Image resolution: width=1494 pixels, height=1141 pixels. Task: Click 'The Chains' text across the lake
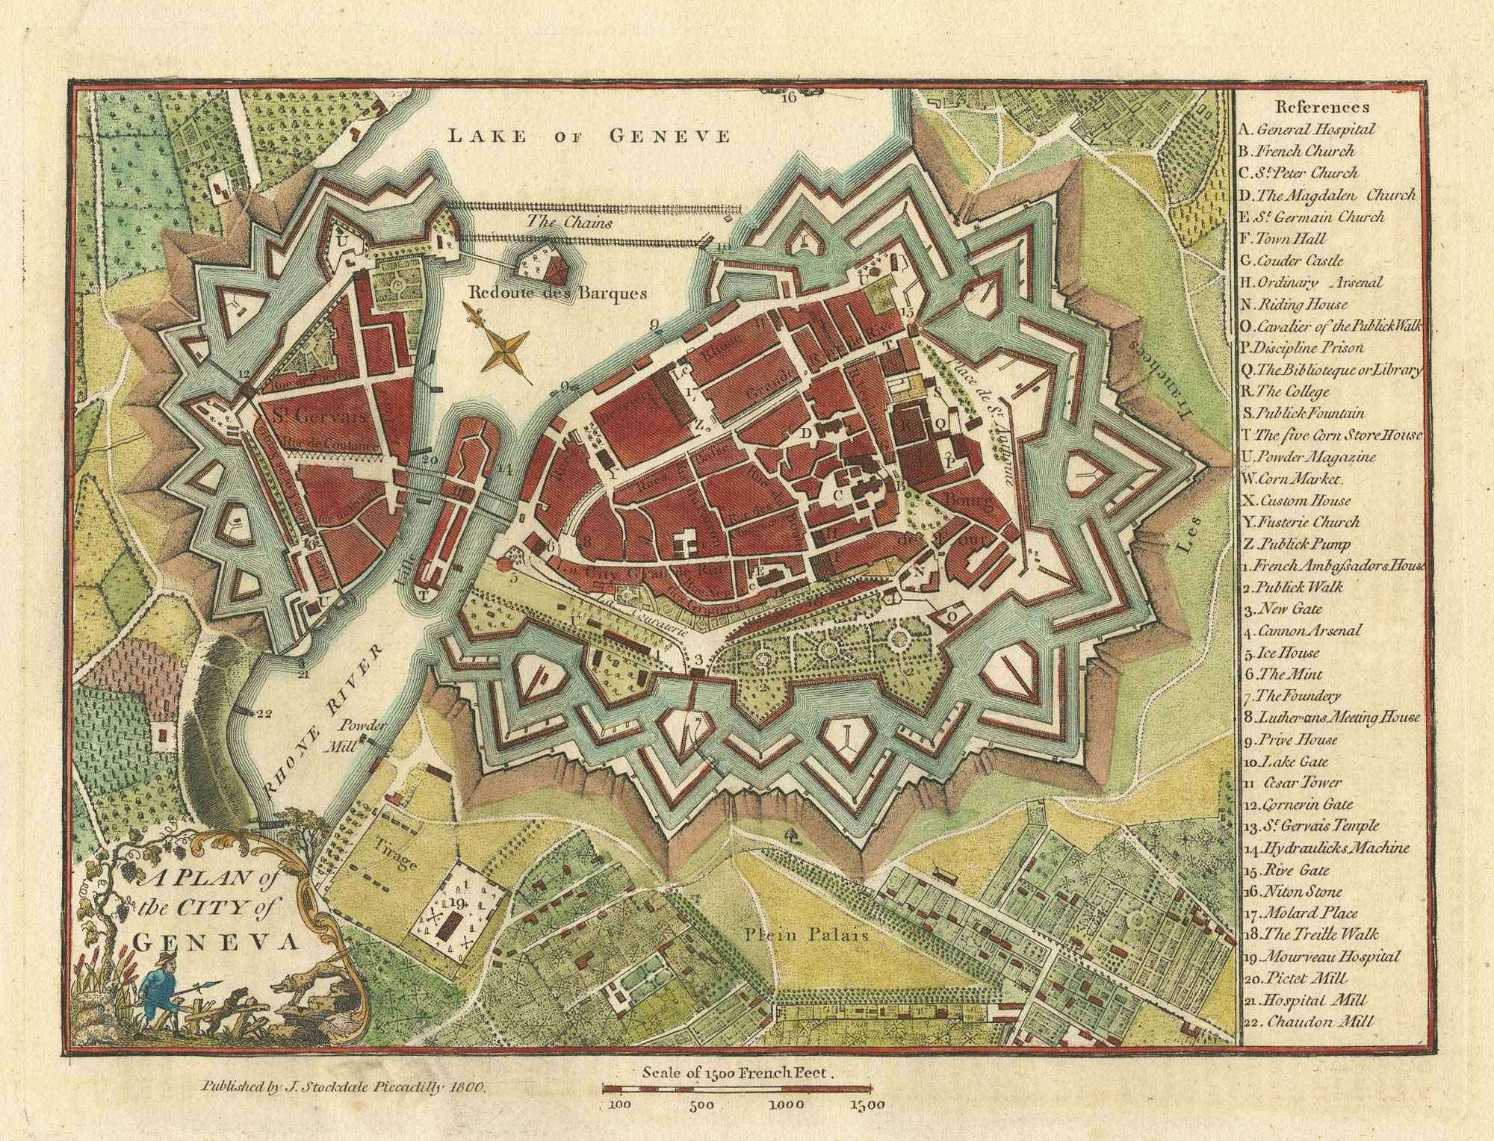click(x=569, y=222)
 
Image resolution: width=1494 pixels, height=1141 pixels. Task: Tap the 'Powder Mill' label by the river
click(x=363, y=734)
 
